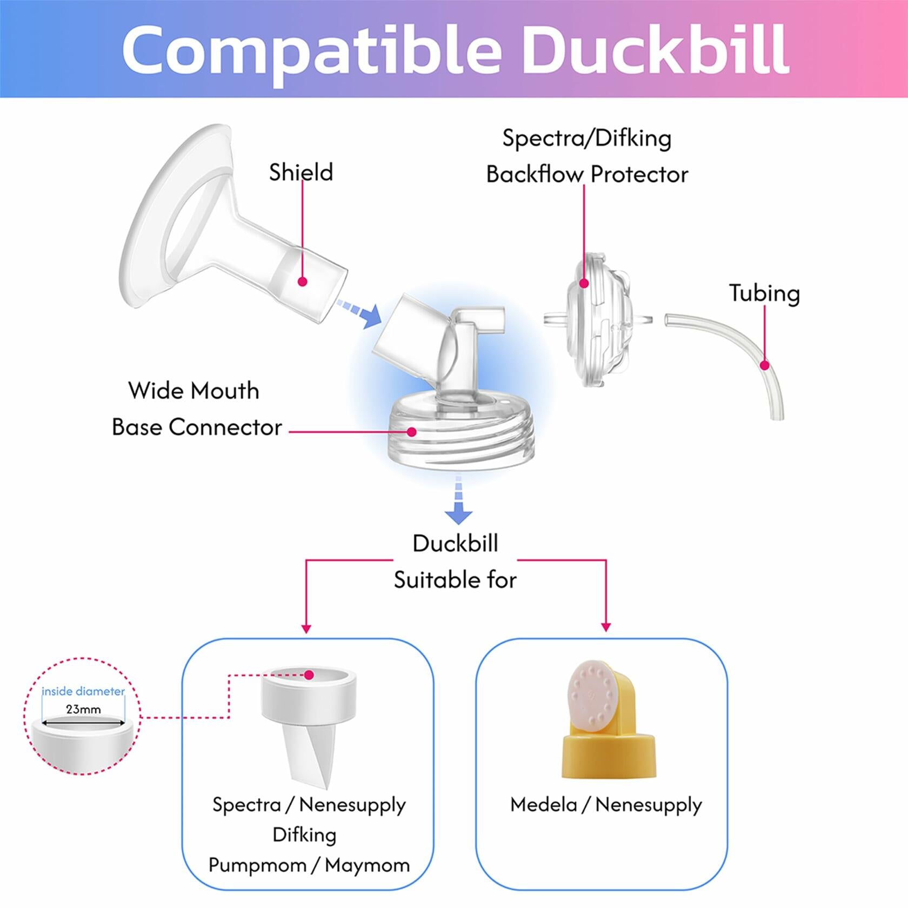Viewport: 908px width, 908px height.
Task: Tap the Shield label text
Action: [x=301, y=172]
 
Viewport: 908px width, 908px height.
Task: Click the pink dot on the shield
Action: [x=303, y=282]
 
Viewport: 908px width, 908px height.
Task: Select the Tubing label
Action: [x=764, y=293]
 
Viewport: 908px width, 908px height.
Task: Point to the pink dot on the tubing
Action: [x=764, y=365]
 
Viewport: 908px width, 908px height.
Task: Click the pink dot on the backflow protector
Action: [x=584, y=283]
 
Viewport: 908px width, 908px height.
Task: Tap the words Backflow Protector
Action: [x=587, y=175]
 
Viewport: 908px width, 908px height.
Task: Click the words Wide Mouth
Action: [x=193, y=391]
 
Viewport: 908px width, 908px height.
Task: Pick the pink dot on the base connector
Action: [x=412, y=432]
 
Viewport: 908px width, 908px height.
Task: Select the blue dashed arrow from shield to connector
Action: [x=359, y=313]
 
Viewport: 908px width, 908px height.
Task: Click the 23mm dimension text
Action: [x=83, y=709]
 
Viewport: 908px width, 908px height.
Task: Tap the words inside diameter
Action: [x=83, y=691]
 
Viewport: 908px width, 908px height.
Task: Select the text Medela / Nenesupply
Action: [x=606, y=805]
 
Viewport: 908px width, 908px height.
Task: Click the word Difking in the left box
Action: [x=304, y=834]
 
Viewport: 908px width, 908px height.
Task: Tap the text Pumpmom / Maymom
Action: [x=309, y=865]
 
